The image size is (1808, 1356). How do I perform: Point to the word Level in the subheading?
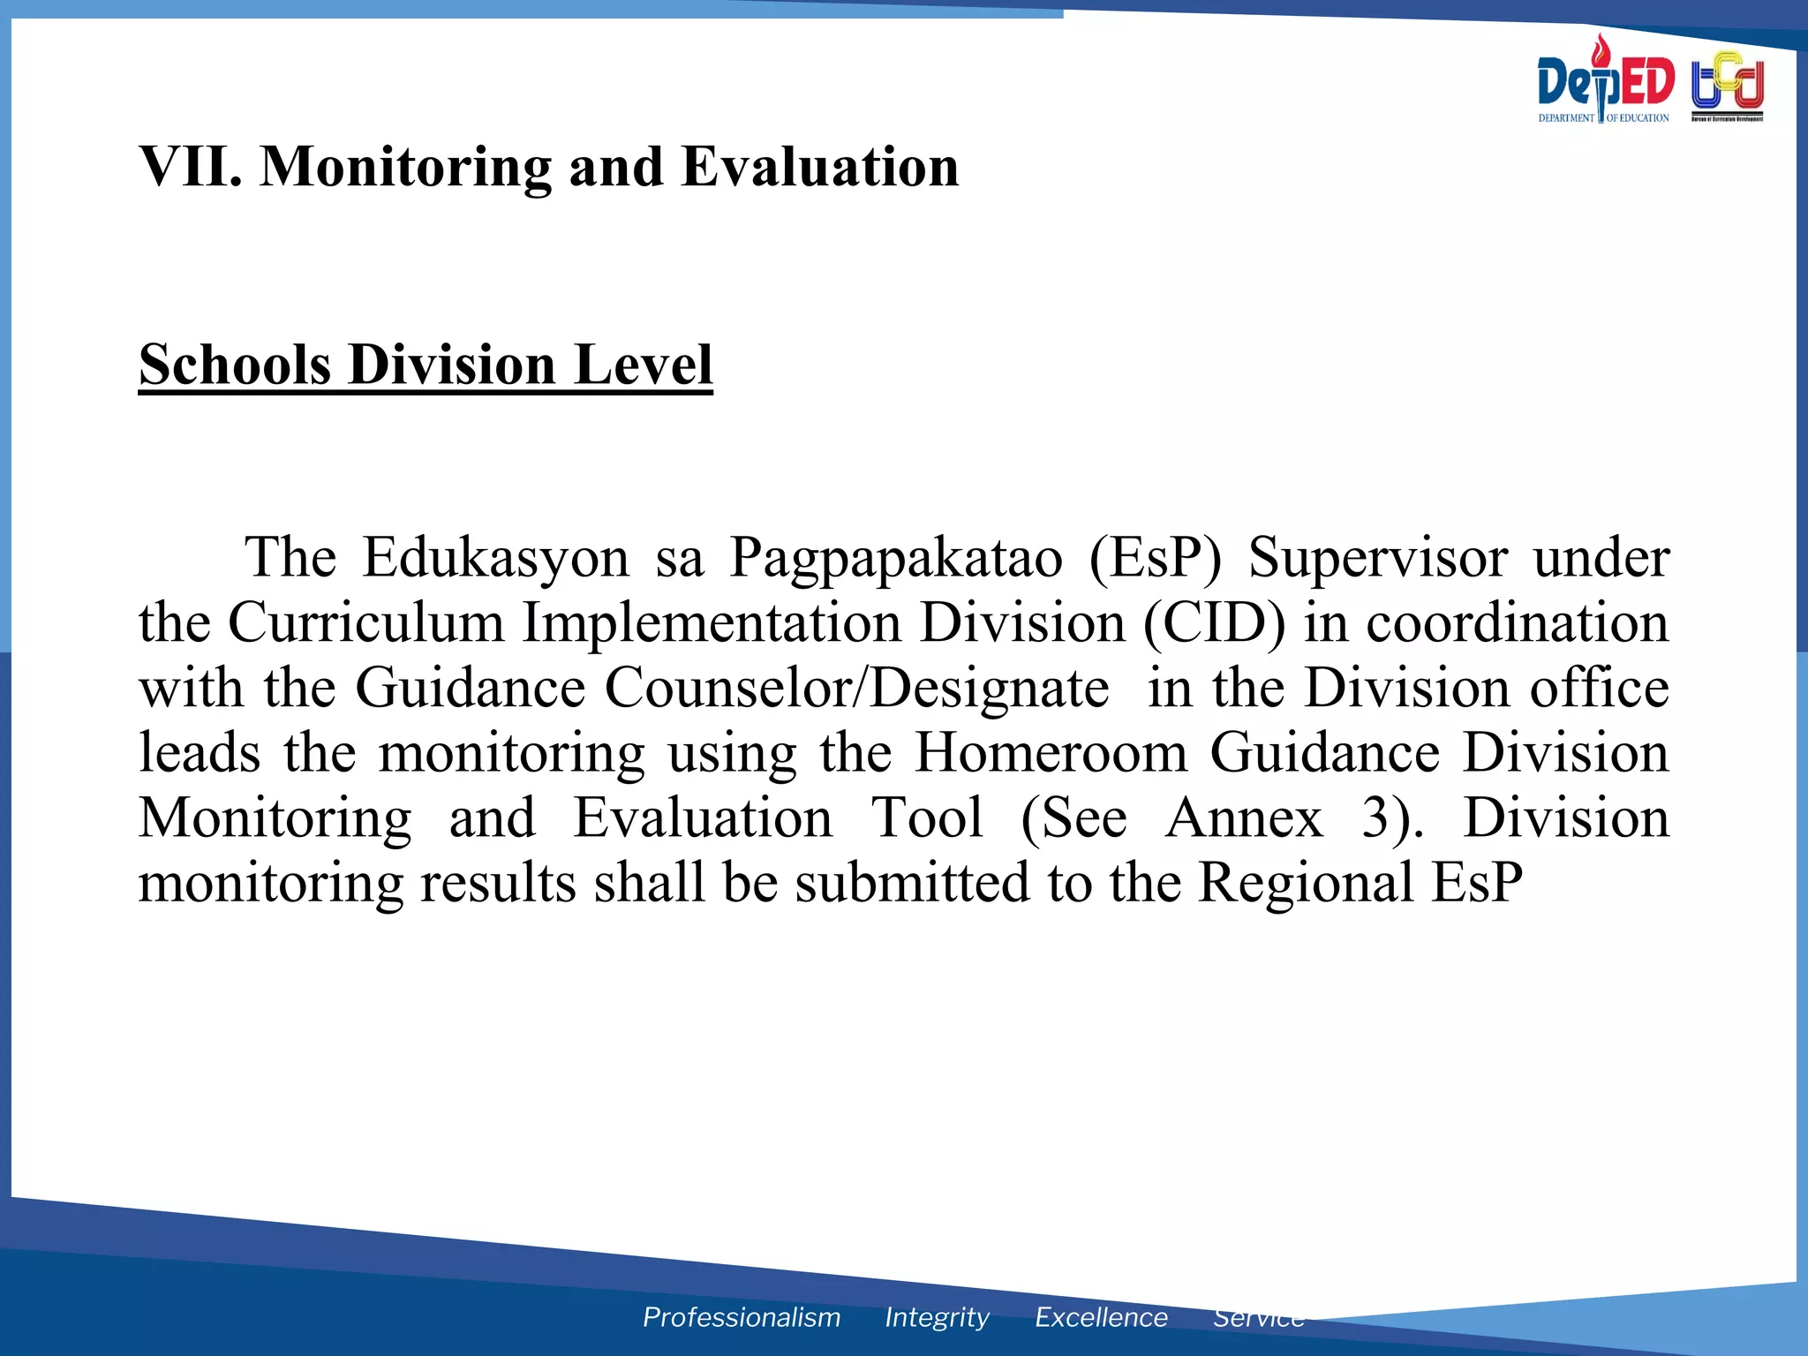pyautogui.click(x=644, y=365)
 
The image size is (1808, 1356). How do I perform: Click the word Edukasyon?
pyautogui.click(x=495, y=558)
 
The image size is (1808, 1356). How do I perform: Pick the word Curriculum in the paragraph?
pyautogui.click(x=366, y=623)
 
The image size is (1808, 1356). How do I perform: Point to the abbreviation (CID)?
pyautogui.click(x=1214, y=623)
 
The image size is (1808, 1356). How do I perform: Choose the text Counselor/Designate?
pyautogui.click(x=856, y=689)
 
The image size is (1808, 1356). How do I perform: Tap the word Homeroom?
pyautogui.click(x=1051, y=753)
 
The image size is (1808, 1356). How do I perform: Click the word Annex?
pyautogui.click(x=1244, y=818)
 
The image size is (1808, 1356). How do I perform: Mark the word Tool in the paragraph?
pyautogui.click(x=927, y=818)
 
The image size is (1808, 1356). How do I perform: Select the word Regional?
pyautogui.click(x=1306, y=883)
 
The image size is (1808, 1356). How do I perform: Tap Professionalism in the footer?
pyautogui.click(x=742, y=1317)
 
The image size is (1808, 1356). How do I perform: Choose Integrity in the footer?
pyautogui.click(x=937, y=1318)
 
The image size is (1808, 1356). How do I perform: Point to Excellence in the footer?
pyautogui.click(x=1101, y=1317)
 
